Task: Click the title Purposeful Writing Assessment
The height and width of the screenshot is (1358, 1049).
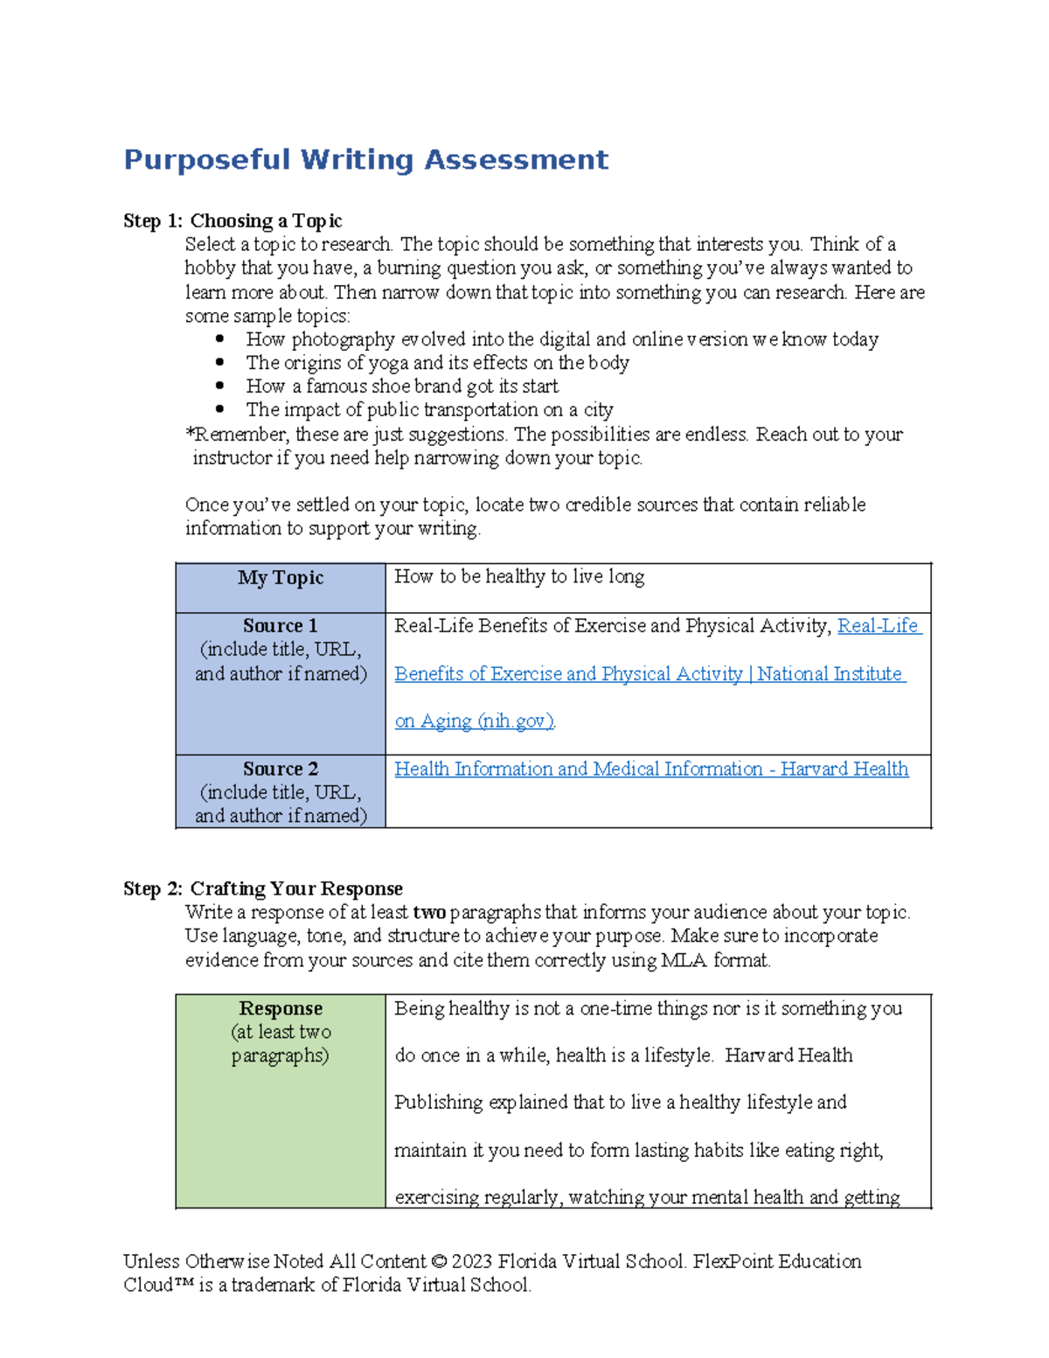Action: point(365,160)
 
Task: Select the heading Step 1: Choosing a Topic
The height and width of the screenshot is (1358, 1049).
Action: point(233,221)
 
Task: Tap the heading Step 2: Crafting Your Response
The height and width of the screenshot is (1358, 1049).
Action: point(262,888)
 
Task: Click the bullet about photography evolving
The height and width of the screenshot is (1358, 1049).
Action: point(561,339)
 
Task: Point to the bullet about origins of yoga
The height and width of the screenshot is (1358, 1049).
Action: point(437,363)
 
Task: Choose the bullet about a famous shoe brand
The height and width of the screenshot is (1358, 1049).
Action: point(402,387)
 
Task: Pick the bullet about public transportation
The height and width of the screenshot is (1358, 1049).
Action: point(429,410)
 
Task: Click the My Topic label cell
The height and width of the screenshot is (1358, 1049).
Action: point(281,578)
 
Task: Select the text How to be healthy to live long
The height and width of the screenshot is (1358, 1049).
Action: point(519,577)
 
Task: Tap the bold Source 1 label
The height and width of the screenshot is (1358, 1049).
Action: point(281,626)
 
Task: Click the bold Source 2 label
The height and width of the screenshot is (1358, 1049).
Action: point(281,770)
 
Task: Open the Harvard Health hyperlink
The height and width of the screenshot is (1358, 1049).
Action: point(651,770)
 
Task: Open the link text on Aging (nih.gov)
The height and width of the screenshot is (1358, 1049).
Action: point(475,721)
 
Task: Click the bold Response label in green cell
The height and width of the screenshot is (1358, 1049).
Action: point(281,1009)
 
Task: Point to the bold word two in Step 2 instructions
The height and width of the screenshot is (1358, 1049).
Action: point(429,913)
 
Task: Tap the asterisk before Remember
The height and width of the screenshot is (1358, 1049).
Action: point(190,434)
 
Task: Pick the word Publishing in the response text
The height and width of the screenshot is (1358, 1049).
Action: point(438,1103)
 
